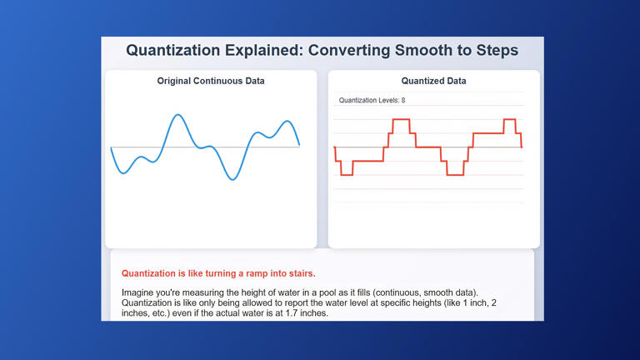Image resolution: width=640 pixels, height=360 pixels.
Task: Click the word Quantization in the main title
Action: point(172,50)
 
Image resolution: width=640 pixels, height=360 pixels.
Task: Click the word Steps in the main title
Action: point(492,50)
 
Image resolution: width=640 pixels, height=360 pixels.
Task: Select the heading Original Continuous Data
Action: point(211,81)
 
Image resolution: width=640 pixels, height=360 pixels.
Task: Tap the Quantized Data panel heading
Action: point(433,81)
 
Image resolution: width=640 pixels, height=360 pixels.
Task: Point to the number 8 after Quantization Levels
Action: point(402,101)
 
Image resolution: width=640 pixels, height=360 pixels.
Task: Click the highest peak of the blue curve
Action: point(177,115)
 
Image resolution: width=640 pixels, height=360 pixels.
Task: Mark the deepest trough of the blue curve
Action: point(232,179)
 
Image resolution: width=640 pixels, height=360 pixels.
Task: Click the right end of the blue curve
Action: point(299,145)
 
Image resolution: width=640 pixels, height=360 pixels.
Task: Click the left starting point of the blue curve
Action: point(111,147)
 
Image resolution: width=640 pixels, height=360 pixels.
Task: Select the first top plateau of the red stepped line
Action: point(401,120)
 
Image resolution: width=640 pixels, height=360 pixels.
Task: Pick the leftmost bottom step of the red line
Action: point(347,175)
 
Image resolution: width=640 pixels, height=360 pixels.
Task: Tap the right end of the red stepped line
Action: point(521,147)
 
